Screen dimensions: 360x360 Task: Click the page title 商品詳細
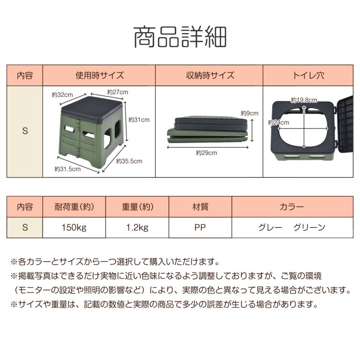point(180,37)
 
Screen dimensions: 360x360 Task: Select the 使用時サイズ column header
point(100,75)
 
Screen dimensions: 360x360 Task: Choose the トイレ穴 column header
point(308,75)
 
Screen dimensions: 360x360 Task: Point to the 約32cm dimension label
point(62,95)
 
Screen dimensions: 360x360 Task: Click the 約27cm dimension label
point(118,92)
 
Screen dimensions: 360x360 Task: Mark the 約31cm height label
point(139,120)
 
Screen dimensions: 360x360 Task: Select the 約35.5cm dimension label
point(129,161)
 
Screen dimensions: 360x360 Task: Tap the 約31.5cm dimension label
point(68,169)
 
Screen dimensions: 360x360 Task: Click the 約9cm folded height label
point(250,113)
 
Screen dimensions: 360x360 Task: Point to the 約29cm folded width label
point(206,153)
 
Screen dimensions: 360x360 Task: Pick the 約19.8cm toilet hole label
point(304,100)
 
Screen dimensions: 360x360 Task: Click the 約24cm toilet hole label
point(278,122)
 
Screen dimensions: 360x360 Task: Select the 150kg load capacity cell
point(74,228)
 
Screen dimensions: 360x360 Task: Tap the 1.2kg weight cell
point(137,228)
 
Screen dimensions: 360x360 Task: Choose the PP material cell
point(200,228)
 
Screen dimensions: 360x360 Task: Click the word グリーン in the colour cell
point(309,228)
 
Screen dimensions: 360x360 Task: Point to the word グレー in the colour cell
point(270,228)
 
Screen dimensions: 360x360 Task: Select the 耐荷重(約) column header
point(74,207)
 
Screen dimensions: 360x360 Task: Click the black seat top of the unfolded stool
point(92,107)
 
